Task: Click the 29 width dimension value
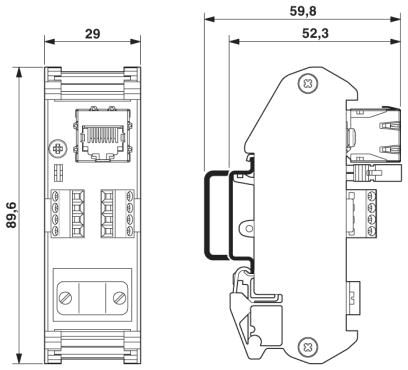point(92,34)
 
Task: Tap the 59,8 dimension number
point(303,11)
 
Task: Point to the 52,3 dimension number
point(315,33)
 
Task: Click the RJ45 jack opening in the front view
point(101,137)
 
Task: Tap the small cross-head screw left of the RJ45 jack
point(58,149)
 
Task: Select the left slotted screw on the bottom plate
point(65,298)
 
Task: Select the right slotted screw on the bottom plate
point(119,298)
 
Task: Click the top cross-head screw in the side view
point(307,83)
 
